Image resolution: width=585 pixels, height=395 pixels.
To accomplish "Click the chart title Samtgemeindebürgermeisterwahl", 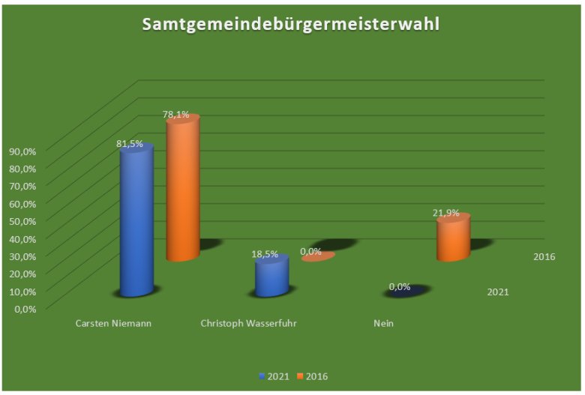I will click(290, 25).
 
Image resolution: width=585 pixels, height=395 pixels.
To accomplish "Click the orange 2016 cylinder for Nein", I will click(453, 239).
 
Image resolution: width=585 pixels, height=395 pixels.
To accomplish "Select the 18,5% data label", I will click(265, 255).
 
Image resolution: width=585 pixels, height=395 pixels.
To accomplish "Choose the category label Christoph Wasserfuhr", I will click(250, 324).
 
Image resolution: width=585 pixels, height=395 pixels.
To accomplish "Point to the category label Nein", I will click(383, 324).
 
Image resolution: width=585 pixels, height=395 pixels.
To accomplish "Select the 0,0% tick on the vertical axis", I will click(25, 307).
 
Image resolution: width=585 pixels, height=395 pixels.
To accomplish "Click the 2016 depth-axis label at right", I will click(544, 257).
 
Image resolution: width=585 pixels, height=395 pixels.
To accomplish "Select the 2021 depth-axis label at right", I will click(497, 292).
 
